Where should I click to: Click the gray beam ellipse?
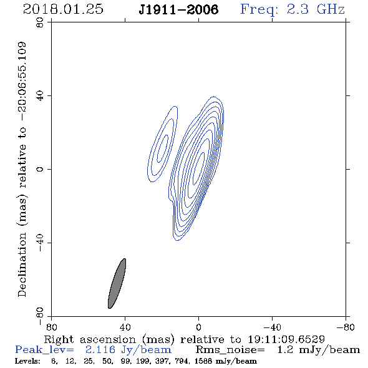pos(117,284)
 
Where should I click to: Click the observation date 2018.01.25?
pos(63,9)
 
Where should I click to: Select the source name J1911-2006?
pos(178,9)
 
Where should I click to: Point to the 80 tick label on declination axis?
pos(40,22)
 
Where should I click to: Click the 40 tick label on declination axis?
pos(40,96)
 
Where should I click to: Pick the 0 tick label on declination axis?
pos(40,169)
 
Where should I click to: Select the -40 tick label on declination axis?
pos(40,243)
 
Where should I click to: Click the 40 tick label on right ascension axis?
pos(125,327)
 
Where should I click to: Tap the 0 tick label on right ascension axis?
pos(198,327)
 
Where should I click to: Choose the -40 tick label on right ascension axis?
pos(272,327)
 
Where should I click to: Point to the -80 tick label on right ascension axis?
pos(346,327)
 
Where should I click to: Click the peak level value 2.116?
pos(100,350)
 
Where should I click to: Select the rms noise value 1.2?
pos(285,350)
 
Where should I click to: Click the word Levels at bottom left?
pos(27,361)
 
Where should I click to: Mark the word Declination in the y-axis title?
pos(22,264)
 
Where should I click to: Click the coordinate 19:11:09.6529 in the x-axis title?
pos(286,339)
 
